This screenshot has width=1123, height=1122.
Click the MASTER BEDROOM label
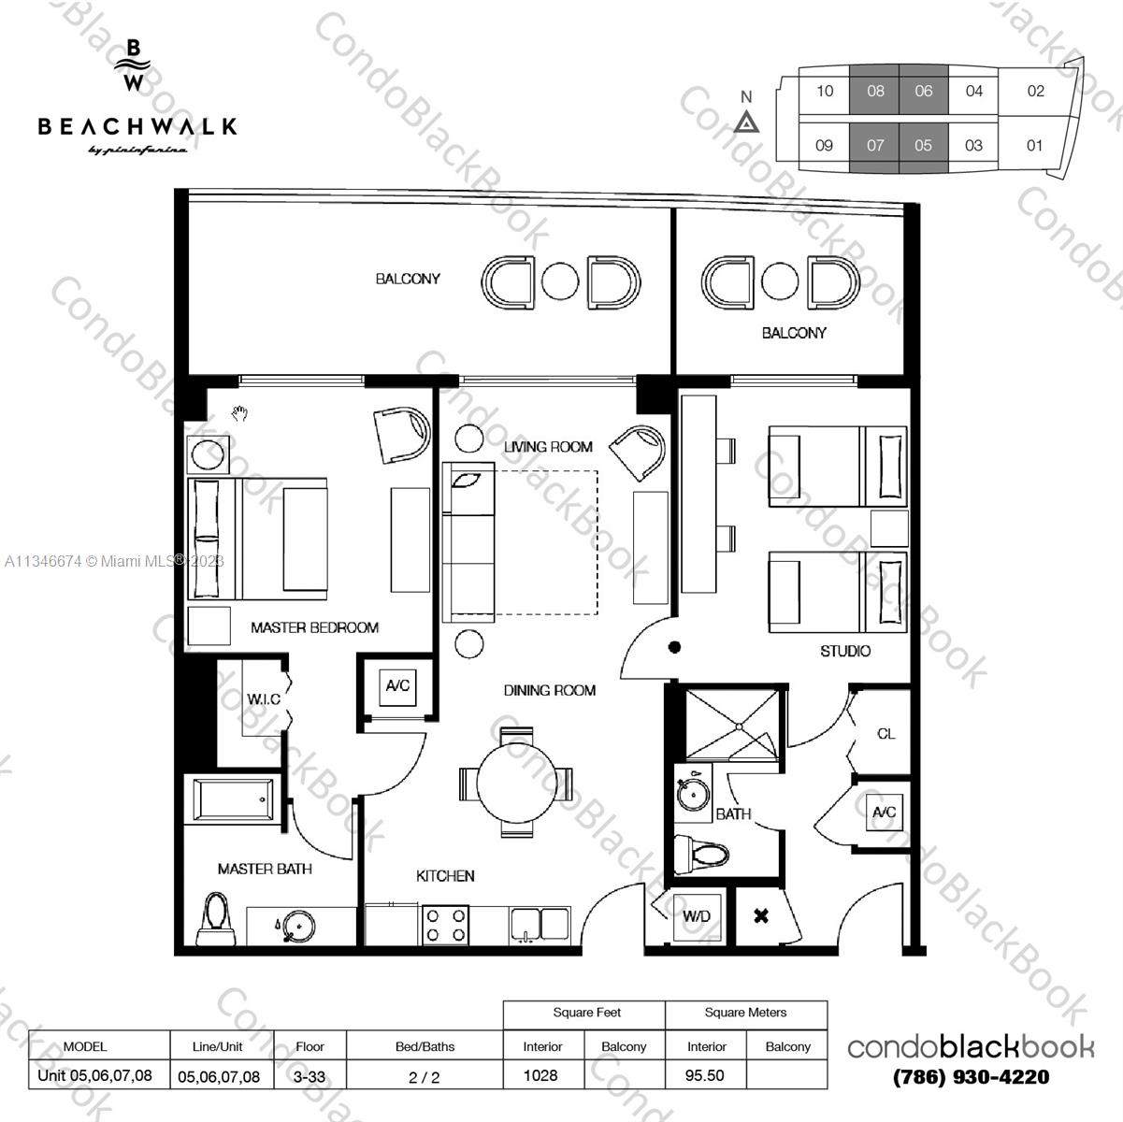315,627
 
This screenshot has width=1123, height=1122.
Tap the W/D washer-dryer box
697,917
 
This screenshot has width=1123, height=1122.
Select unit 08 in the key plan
874,91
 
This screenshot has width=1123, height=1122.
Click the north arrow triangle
746,123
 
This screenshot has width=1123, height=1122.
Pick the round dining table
516,784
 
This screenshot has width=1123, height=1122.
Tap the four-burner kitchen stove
446,925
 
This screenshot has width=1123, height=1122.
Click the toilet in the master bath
216,918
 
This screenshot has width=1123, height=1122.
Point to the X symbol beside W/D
761,916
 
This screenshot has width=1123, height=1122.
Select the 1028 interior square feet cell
540,1075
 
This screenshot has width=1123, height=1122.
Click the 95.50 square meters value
705,1075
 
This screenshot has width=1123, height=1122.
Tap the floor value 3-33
310,1076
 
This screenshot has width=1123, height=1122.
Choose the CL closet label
885,734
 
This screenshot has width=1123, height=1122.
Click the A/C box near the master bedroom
398,686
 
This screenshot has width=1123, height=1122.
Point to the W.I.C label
264,698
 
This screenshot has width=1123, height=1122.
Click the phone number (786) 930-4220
972,1076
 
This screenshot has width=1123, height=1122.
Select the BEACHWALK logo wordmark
137,126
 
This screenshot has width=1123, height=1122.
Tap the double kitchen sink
540,925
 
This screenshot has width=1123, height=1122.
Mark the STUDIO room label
845,651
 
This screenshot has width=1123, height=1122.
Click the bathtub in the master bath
233,800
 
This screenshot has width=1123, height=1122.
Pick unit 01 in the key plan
1034,145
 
